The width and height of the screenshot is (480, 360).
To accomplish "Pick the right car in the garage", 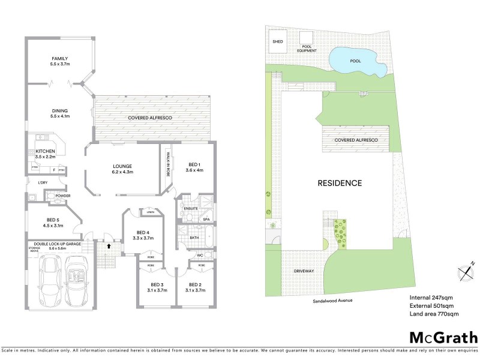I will coord(76,280).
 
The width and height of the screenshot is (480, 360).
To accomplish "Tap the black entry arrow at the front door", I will coord(109,245).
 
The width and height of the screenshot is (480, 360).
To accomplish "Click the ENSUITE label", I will coord(191,208).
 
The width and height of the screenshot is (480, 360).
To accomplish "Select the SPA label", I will coord(205,220).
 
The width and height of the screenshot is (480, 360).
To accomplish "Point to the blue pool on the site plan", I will coord(353,61).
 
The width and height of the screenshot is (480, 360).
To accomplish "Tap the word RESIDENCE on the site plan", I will coord(340,183).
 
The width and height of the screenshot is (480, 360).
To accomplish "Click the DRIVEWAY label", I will coord(304,271).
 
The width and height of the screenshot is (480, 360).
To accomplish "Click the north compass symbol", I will coord(466,272).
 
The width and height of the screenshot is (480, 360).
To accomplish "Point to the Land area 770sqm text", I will coord(434,314).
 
